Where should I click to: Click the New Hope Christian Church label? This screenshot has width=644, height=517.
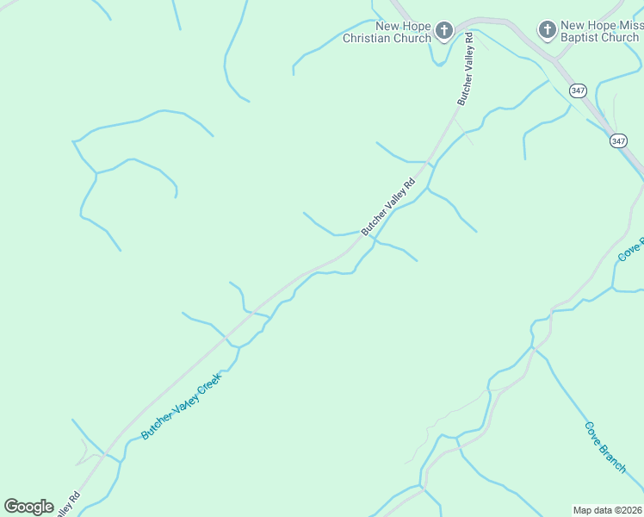(387, 32)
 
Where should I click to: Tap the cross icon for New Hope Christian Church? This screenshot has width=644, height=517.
(443, 32)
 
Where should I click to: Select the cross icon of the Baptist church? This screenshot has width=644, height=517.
(547, 31)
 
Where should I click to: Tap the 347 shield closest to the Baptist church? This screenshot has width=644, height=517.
(578, 90)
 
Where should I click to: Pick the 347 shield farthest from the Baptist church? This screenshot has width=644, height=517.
(617, 140)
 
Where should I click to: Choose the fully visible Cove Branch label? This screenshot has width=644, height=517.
(604, 446)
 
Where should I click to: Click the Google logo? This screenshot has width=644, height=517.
(28, 507)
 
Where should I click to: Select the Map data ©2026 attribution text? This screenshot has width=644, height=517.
(607, 509)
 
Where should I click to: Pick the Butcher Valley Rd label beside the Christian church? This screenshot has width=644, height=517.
(465, 69)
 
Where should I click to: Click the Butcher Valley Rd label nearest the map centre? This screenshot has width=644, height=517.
(387, 207)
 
